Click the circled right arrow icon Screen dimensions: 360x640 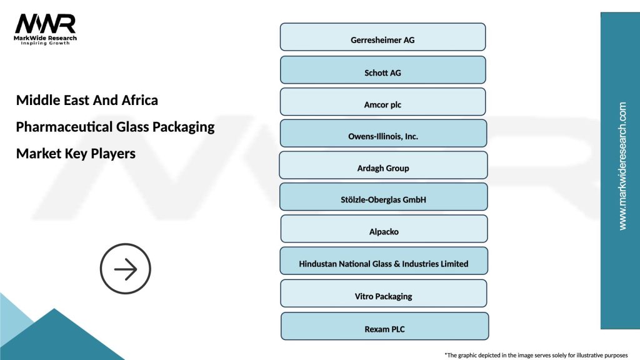[x=126, y=270]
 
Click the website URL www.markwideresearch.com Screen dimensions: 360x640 [x=622, y=166]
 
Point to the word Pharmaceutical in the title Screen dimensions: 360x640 [x=64, y=127]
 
